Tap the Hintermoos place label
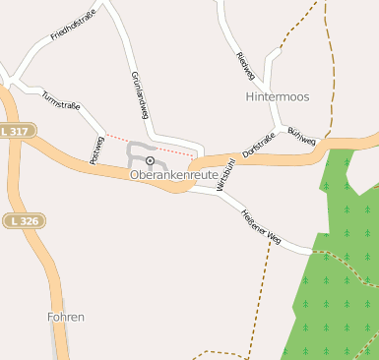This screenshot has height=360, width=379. (278, 98)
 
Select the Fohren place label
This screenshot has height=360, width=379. (66, 318)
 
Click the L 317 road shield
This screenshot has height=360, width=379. (18, 130)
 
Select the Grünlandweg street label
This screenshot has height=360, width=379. (139, 95)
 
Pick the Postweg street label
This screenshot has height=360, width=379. (95, 150)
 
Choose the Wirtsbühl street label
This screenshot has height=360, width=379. (224, 171)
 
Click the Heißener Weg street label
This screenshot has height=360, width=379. (261, 226)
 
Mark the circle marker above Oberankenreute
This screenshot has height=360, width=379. (150, 160)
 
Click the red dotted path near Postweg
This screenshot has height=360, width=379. (148, 144)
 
